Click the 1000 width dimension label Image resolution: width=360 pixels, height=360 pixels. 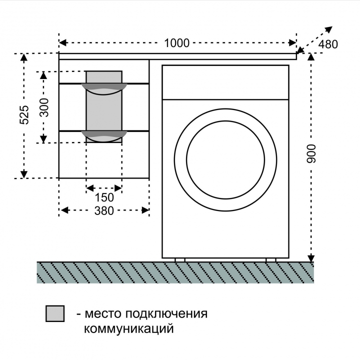pyautogui.click(x=177, y=43)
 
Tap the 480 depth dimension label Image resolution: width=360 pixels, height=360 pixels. pyautogui.click(x=328, y=44)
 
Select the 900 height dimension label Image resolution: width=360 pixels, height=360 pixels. pyautogui.click(x=311, y=154)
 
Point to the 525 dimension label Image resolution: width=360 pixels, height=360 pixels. pyautogui.click(x=24, y=115)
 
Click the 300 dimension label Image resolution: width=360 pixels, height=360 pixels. pyautogui.click(x=44, y=107)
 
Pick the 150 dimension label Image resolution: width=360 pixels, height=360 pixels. pyautogui.click(x=104, y=197)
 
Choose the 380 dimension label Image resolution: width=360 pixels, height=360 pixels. pyautogui.click(x=104, y=211)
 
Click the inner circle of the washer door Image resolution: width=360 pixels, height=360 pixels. pyautogui.click(x=225, y=160)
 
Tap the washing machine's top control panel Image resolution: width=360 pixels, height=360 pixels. pyautogui.click(x=225, y=82)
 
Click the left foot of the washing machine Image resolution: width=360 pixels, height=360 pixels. pyautogui.click(x=180, y=260)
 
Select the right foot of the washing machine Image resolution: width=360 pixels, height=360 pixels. pyautogui.click(x=271, y=260)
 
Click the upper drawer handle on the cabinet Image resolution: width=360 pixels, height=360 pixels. pyautogui.click(x=104, y=89)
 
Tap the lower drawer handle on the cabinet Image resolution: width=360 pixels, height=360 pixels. pyautogui.click(x=104, y=136)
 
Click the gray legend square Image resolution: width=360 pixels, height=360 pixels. pyautogui.click(x=55, y=313)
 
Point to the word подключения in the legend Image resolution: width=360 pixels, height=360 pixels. pyautogui.click(x=166, y=314)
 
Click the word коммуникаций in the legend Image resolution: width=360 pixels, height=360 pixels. pyautogui.click(x=128, y=328)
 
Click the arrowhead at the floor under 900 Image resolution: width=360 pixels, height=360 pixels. pyautogui.click(x=311, y=258)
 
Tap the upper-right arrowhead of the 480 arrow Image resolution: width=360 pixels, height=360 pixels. pyautogui.click(x=329, y=29)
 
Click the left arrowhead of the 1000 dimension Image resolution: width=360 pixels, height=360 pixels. pyautogui.click(x=63, y=42)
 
